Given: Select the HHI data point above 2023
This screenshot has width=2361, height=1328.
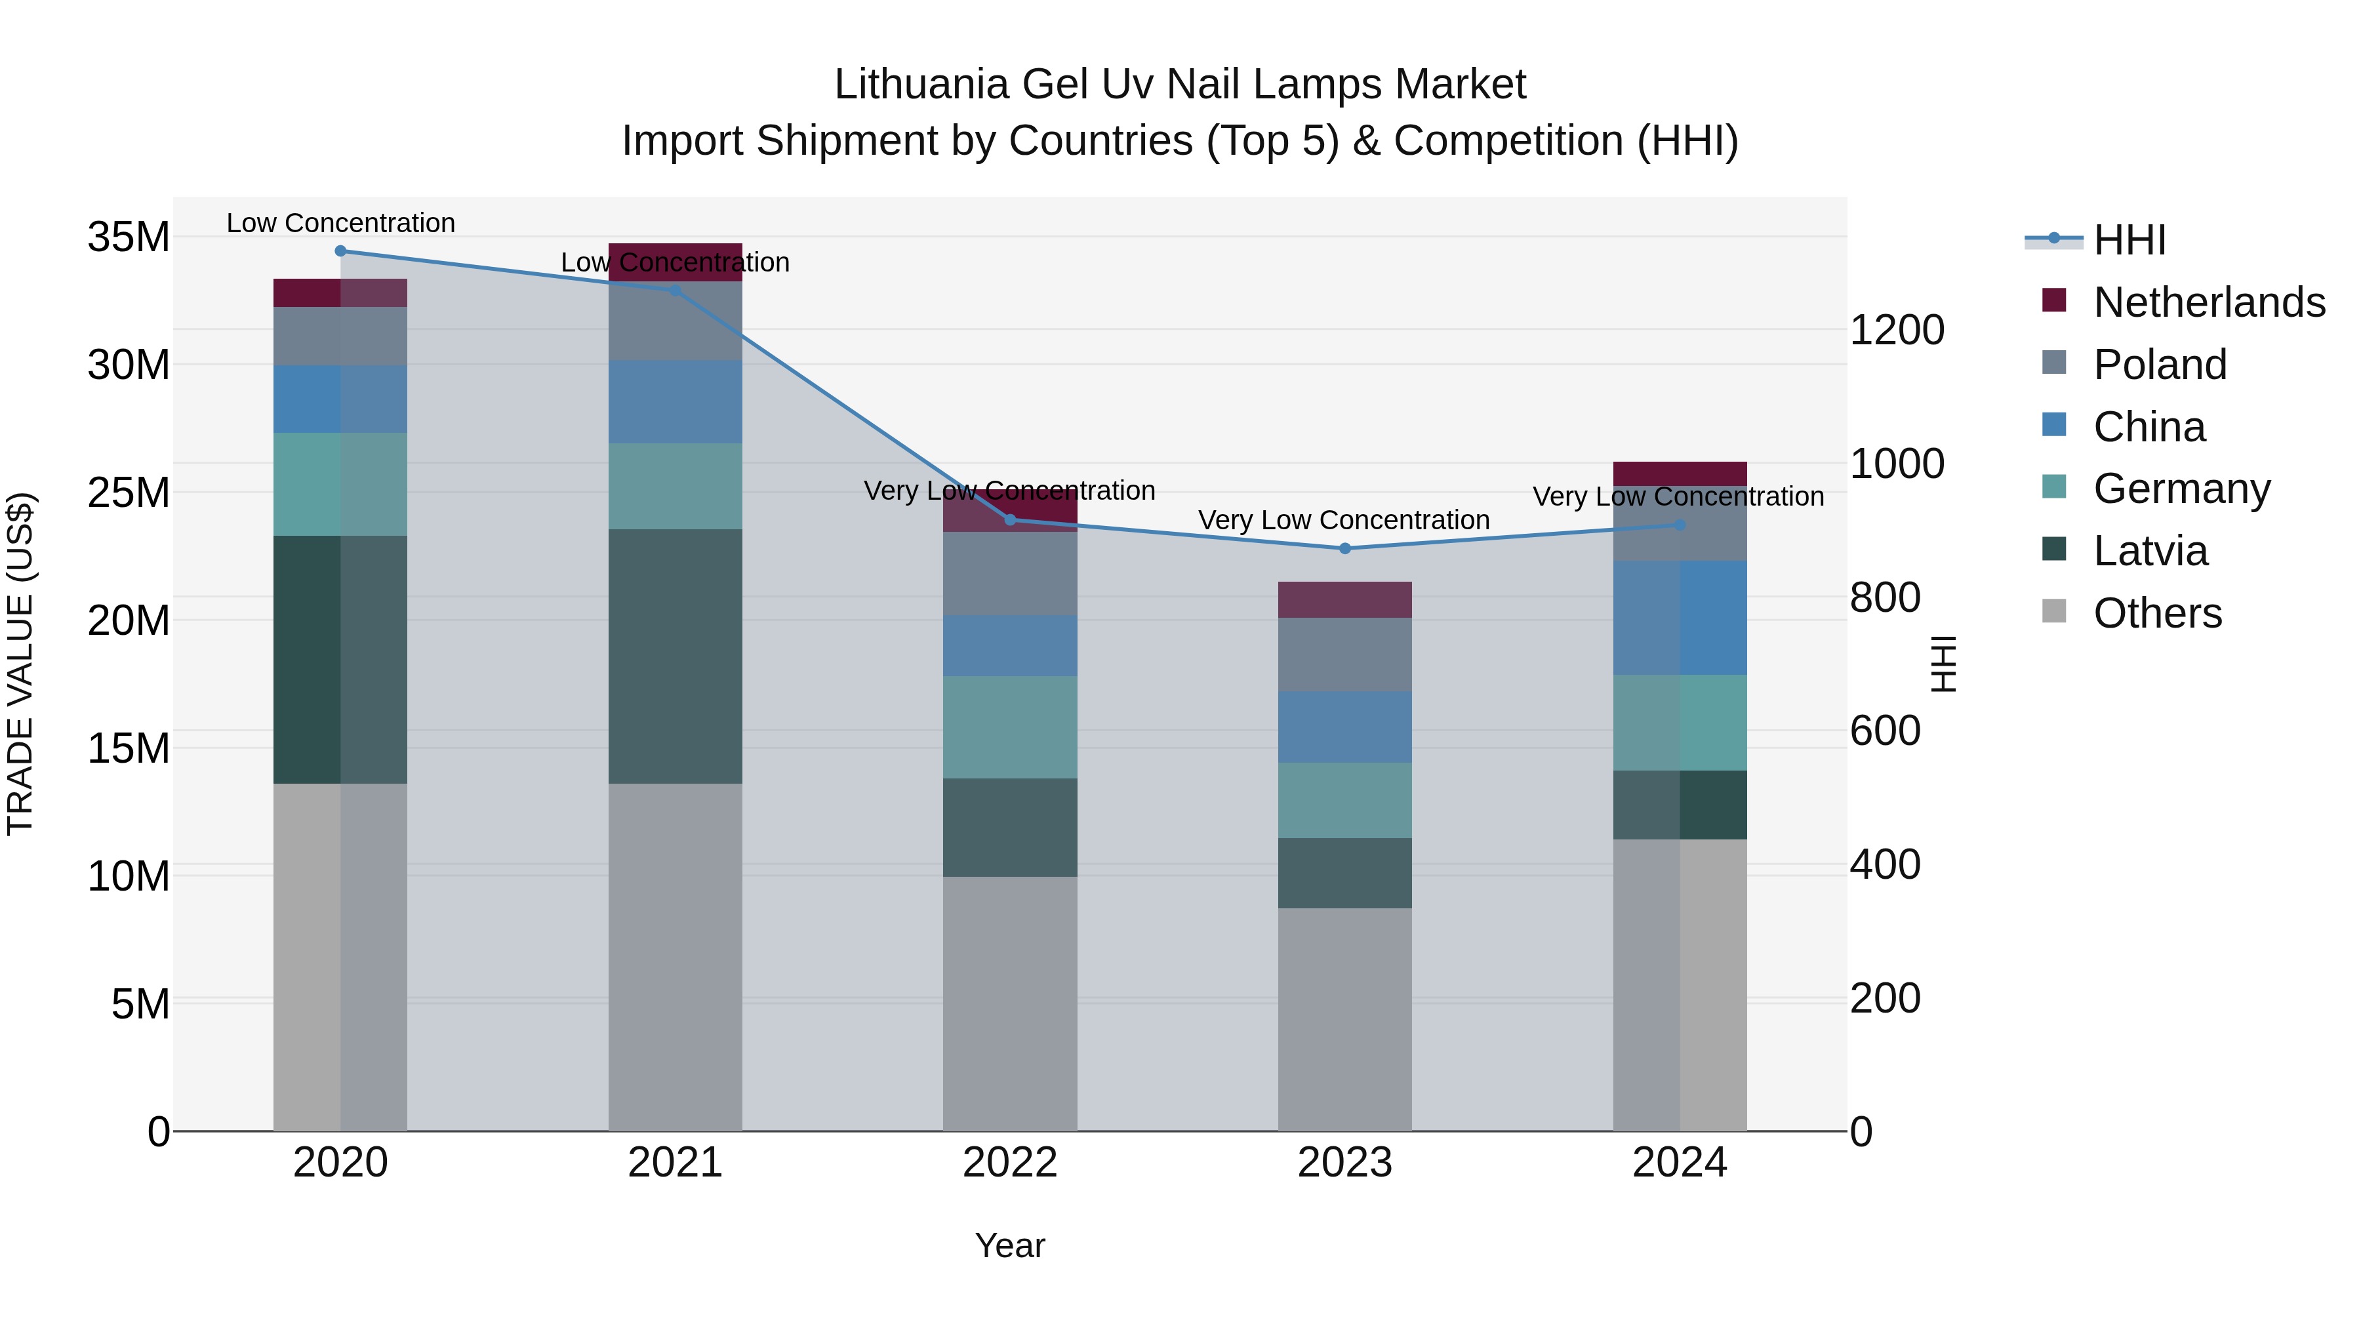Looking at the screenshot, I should [x=1344, y=549].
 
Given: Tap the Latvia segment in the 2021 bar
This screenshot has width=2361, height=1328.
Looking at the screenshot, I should [x=675, y=656].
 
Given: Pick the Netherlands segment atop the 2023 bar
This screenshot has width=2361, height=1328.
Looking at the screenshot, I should [x=1344, y=599].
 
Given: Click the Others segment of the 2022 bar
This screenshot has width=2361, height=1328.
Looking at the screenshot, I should [x=1010, y=1003].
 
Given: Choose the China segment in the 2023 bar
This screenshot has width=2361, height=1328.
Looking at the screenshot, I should [x=1344, y=727].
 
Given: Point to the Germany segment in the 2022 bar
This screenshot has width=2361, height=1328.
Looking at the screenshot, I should [x=1010, y=728].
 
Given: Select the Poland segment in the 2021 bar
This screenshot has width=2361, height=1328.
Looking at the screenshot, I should [x=675, y=321].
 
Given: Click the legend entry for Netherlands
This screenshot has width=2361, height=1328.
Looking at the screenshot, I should [x=2209, y=302].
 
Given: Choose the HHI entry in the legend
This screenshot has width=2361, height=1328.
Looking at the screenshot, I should [x=2129, y=240].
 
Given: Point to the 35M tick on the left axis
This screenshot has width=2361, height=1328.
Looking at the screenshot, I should [x=129, y=237].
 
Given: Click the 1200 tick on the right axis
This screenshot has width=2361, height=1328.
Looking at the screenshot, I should [x=1896, y=330].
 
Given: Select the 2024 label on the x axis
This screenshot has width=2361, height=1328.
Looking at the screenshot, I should [x=1679, y=1163].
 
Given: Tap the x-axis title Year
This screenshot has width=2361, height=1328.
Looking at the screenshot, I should [x=1010, y=1245].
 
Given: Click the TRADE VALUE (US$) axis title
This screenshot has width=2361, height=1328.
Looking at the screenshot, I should [x=20, y=664].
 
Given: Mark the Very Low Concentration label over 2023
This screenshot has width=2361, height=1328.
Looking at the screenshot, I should [x=1344, y=519].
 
